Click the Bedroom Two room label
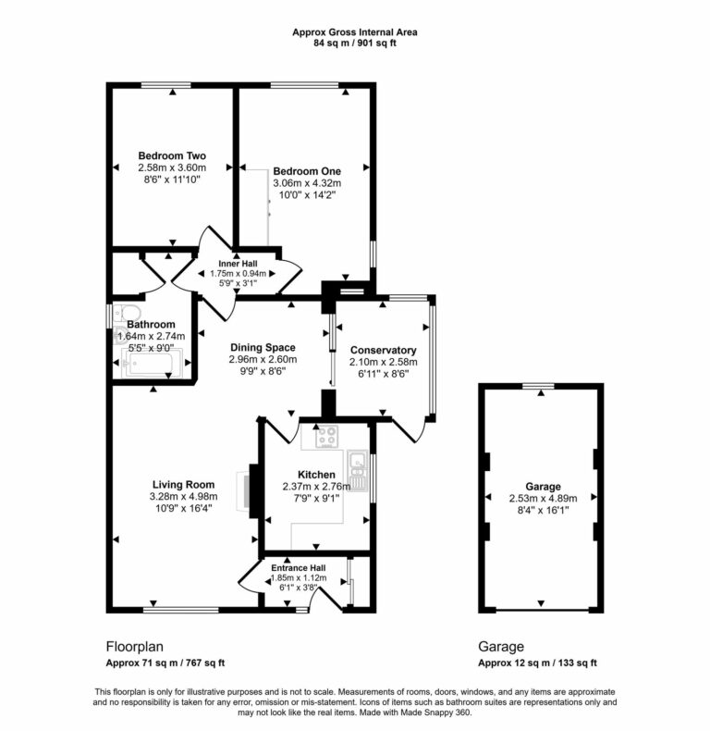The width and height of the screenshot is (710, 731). click(172, 155)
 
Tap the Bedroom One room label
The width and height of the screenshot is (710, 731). click(307, 171)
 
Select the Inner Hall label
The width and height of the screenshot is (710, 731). click(238, 264)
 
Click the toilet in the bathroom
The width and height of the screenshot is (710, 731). click(126, 312)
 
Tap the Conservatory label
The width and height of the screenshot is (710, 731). click(383, 350)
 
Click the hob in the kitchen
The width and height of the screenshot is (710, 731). click(326, 437)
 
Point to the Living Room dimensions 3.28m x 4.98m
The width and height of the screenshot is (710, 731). click(183, 496)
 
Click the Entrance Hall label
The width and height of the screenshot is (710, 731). click(299, 567)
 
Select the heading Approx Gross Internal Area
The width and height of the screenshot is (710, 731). click(355, 31)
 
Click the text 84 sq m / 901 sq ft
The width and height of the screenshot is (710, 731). click(355, 43)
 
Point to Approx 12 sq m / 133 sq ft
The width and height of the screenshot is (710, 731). click(537, 663)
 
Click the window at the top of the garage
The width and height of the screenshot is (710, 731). click(540, 385)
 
